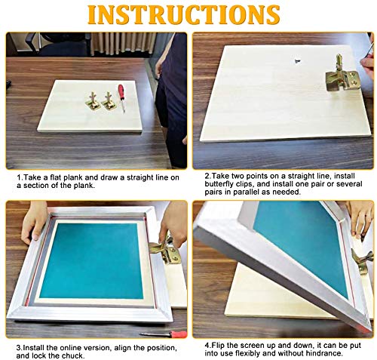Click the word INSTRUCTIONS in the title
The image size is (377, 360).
pyautogui.click(x=188, y=14)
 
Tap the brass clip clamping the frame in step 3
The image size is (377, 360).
pyautogui.click(x=164, y=248)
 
